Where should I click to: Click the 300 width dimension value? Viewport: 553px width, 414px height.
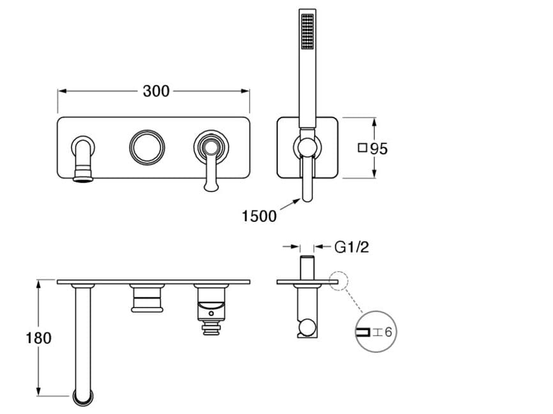(156, 91)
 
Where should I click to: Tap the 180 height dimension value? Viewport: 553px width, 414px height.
(38, 338)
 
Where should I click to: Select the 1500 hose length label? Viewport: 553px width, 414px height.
(259, 216)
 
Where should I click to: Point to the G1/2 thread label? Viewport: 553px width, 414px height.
(351, 247)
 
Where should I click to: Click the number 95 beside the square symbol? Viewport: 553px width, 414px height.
(379, 149)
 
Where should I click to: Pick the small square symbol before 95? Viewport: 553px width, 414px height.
(362, 147)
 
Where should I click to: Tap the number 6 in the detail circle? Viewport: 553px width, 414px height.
(388, 332)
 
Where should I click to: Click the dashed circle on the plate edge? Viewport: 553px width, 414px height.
(338, 281)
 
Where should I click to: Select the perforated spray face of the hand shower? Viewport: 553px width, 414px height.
(307, 31)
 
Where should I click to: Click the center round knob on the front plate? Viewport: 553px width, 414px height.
(147, 147)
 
